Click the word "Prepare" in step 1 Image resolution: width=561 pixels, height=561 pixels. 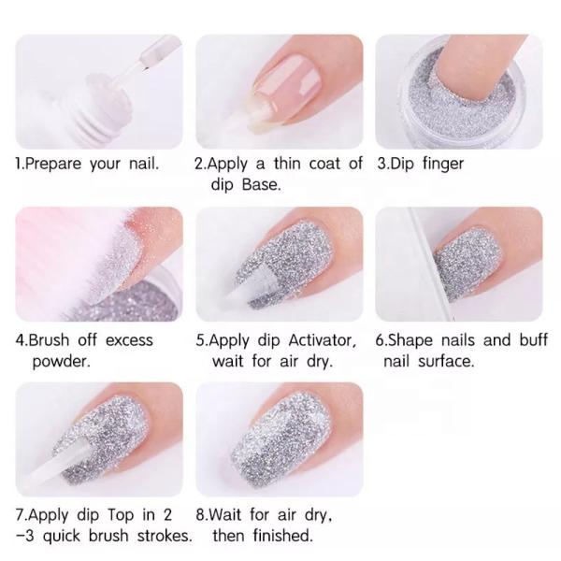tap(53, 164)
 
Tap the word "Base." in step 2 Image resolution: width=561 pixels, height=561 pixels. tap(263, 184)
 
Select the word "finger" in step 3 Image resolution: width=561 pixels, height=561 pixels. tap(440, 164)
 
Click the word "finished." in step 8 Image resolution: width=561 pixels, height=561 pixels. tap(280, 536)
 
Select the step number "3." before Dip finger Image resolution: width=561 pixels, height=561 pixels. tap(383, 164)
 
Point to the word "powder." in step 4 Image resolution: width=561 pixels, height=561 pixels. tap(60, 360)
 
